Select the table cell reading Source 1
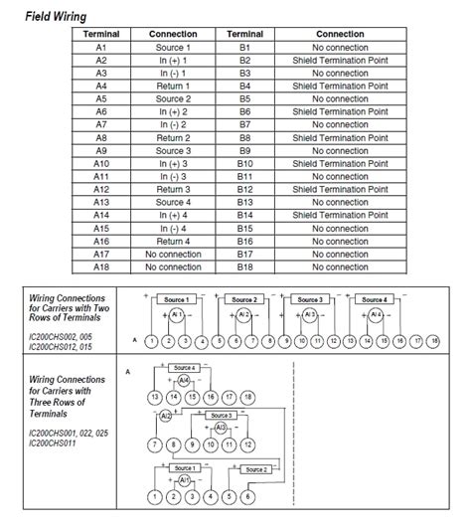click(173, 48)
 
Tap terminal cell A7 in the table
click(101, 125)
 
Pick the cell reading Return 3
click(173, 189)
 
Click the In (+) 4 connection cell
click(173, 215)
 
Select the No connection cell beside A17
click(173, 254)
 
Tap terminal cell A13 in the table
click(101, 202)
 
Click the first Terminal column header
click(101, 34)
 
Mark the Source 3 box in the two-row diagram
click(309, 299)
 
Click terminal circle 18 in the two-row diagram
click(433, 341)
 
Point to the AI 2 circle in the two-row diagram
click(243, 315)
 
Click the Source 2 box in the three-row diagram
click(256, 469)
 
